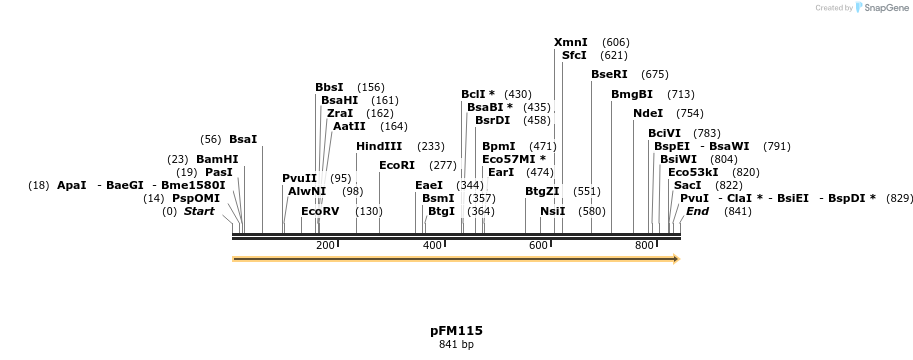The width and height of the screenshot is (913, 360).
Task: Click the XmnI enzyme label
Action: (571, 42)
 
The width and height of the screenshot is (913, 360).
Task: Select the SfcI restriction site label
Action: (574, 55)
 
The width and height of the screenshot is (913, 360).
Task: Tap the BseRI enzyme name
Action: (609, 74)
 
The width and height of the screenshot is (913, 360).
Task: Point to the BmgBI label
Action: (632, 94)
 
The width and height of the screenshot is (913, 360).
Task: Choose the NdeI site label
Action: (647, 113)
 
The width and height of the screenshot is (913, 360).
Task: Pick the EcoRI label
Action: (397, 165)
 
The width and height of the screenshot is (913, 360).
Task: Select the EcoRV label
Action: (321, 211)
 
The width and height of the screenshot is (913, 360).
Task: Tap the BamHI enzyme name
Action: (217, 159)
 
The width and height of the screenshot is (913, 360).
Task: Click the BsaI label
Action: (243, 139)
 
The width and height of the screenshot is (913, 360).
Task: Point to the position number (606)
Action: (616, 42)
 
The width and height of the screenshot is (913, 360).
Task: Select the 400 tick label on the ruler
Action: (432, 245)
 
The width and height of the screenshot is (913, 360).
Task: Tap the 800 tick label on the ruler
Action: (644, 245)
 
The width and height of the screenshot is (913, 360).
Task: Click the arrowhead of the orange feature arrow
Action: (676, 259)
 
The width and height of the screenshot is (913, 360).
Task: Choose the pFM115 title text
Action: (456, 330)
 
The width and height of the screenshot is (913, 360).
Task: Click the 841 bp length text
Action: (456, 345)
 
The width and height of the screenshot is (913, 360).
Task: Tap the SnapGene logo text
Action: (884, 8)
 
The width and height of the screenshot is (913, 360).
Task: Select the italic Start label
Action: (199, 211)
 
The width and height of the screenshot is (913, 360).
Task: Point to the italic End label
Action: (697, 211)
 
